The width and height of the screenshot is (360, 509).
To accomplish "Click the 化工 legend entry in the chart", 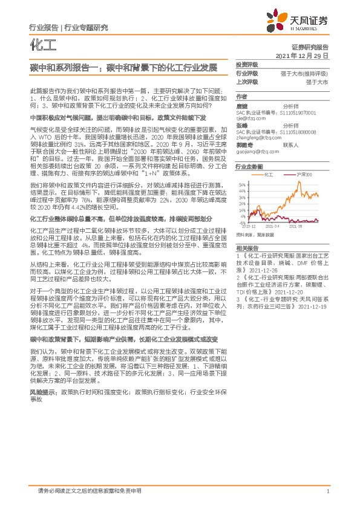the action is tap(270, 174).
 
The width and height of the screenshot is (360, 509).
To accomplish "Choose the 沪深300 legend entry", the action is tap(306, 174).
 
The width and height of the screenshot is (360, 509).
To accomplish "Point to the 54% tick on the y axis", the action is tap(242, 185).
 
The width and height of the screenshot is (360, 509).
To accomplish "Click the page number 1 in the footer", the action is tap(327, 491).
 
